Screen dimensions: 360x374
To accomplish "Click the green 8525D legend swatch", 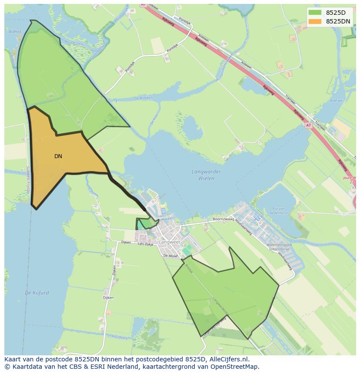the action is tap(315, 13).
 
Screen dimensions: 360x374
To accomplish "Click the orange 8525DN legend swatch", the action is tap(315, 21).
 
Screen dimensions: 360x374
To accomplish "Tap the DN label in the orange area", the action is tap(58, 156).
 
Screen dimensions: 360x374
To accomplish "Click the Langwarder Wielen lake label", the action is tap(206, 175).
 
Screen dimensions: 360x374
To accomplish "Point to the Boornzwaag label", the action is tap(223, 219).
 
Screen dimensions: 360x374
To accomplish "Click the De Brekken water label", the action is tap(143, 98).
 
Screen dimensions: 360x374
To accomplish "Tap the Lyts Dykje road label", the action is tap(146, 244).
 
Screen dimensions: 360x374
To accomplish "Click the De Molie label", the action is tap(171, 256).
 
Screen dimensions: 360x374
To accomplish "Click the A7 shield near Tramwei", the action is tap(308, 125).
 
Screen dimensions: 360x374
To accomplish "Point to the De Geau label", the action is tap(78, 43).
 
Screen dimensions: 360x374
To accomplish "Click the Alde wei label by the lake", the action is tap(336, 101).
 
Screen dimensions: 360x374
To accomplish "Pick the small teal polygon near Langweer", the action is tap(141, 225).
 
